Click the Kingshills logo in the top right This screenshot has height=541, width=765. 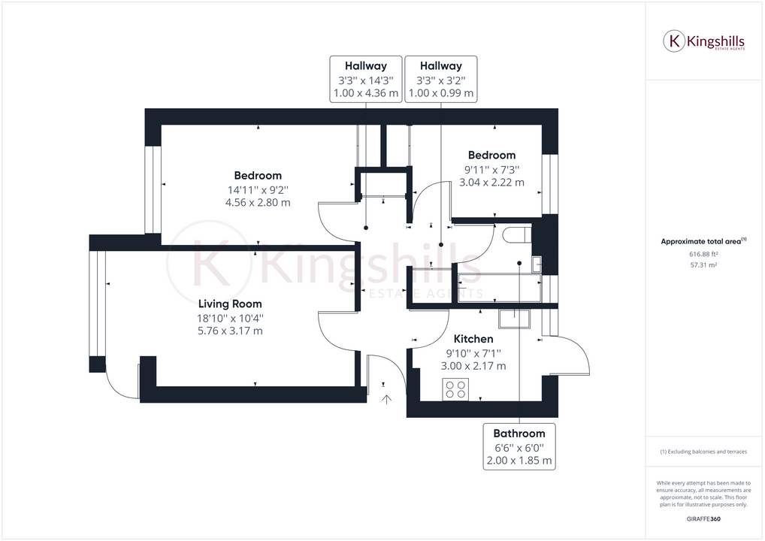703,41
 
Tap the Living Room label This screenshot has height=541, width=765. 230,304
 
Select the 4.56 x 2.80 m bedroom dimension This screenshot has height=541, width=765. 258,202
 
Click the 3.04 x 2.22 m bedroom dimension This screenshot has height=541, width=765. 491,183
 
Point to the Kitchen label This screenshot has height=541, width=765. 473,339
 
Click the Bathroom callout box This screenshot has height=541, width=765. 519,446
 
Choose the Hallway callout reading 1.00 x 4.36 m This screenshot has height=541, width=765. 366,79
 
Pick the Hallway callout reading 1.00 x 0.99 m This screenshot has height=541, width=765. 441,79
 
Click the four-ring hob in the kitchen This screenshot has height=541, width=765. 455,389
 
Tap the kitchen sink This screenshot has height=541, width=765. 514,319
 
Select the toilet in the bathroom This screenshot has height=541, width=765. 516,234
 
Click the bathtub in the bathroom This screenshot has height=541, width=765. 500,288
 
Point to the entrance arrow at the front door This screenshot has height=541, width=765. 386,400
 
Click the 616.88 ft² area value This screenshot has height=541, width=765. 703,254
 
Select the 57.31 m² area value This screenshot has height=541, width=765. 703,265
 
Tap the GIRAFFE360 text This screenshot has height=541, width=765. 703,519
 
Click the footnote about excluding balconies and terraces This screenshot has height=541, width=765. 703,452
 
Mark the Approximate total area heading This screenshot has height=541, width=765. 703,241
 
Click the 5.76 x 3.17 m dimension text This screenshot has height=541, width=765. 230,331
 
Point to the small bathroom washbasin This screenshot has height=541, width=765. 537,264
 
